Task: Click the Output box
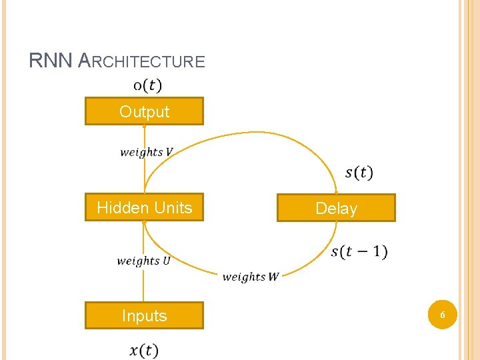click(144, 111)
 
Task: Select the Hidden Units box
click(144, 207)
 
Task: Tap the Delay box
click(336, 208)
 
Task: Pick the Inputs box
click(144, 315)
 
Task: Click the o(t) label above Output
click(147, 85)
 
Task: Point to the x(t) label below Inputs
click(144, 350)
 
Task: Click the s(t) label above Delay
click(359, 173)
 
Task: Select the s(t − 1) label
click(359, 252)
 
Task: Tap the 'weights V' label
click(146, 152)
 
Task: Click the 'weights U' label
click(143, 261)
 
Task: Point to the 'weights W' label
click(251, 277)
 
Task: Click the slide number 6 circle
click(441, 313)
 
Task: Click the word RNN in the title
click(51, 61)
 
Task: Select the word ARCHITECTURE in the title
click(141, 62)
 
